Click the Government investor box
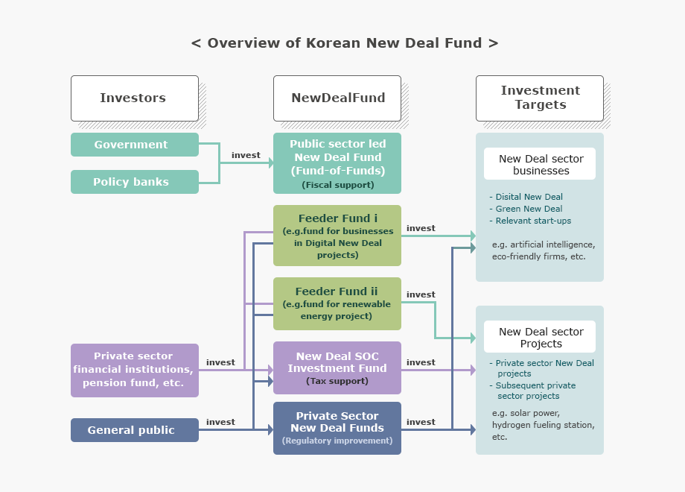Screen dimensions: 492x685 point(135,145)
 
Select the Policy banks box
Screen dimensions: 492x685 point(135,182)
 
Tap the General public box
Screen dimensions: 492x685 point(135,430)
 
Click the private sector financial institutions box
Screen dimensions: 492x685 point(135,370)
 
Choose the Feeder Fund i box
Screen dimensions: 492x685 point(337,236)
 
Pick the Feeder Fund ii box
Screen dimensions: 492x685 point(337,303)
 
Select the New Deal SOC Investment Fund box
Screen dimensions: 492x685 point(337,368)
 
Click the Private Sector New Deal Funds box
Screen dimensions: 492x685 point(337,428)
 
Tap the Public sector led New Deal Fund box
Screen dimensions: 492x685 point(337,163)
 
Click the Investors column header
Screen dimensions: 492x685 point(135,98)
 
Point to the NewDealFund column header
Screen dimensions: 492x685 point(337,98)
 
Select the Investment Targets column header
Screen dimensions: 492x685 point(540,98)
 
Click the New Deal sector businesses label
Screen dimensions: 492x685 point(541,164)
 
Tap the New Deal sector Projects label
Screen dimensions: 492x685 point(541,337)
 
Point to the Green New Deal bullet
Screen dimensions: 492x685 point(529,209)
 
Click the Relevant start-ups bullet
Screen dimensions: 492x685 point(533,221)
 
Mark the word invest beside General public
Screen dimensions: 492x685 point(220,422)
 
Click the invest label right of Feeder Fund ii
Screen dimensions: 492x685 point(421,294)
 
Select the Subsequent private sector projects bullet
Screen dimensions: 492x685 point(535,391)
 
